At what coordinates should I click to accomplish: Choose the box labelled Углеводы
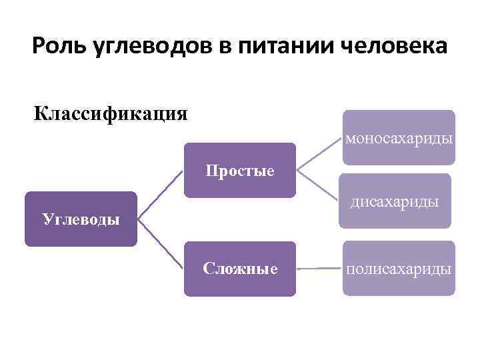(x=81, y=219)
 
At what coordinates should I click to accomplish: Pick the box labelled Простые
(x=239, y=171)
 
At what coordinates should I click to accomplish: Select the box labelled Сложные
(x=239, y=269)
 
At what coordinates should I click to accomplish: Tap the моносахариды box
(x=399, y=137)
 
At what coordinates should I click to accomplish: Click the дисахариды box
(x=395, y=201)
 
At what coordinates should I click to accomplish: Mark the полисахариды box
(x=399, y=269)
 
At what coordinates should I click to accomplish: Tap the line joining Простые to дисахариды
(x=319, y=186)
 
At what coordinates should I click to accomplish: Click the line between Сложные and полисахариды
(x=319, y=268)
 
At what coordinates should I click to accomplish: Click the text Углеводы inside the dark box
(x=81, y=219)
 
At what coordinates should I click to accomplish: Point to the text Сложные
(x=240, y=269)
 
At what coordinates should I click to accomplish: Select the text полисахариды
(x=399, y=269)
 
